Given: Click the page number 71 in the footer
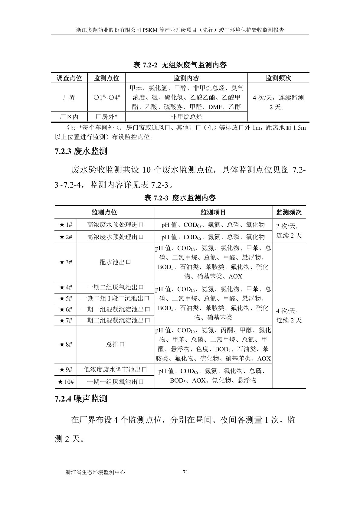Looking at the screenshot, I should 186,472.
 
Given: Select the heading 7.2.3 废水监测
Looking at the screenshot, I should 81,151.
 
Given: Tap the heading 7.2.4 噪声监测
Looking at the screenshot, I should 81,399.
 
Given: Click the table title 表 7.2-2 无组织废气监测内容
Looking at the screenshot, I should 180,65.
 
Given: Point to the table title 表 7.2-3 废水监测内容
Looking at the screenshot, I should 180,198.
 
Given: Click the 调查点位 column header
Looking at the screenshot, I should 69,78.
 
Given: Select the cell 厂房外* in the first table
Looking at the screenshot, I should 106,117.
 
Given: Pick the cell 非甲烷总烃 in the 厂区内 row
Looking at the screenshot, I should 186,117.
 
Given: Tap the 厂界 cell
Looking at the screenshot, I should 69,97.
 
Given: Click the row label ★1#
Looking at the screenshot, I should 66,225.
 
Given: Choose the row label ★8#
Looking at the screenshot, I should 66,344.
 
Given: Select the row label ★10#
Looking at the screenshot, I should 66,382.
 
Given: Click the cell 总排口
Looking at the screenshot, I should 115,344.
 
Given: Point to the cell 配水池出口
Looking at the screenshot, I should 115,262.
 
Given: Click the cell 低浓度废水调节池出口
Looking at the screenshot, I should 115,369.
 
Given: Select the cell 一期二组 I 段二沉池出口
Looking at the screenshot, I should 115,299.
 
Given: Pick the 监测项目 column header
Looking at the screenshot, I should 213,212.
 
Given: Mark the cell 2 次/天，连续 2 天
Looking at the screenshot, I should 289,230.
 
